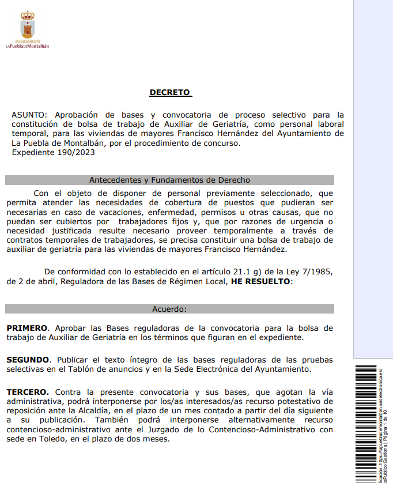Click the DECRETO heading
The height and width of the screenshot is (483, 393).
pyautogui.click(x=170, y=92)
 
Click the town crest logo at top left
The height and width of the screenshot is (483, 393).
pyautogui.click(x=28, y=25)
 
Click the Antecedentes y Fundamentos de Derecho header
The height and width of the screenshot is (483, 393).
pyautogui.click(x=169, y=180)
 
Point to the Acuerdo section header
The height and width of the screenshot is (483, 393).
pyautogui.click(x=169, y=310)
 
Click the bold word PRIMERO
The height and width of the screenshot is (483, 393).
pyautogui.click(x=27, y=328)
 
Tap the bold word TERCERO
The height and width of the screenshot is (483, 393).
pyautogui.click(x=28, y=392)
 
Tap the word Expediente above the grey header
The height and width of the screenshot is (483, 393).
pyautogui.click(x=32, y=153)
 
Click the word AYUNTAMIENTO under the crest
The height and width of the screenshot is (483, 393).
pyautogui.click(x=28, y=42)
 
